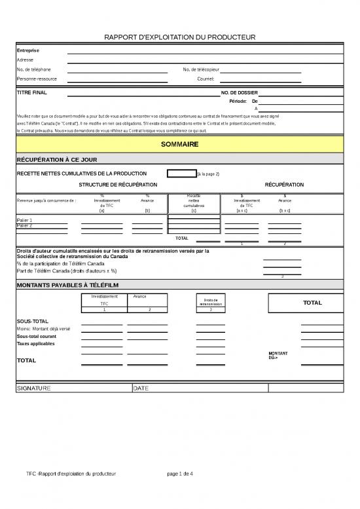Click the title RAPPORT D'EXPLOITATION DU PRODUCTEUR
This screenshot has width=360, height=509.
[x=180, y=37]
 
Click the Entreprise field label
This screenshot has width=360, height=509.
[x=28, y=50]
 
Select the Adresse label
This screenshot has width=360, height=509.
[x=26, y=60]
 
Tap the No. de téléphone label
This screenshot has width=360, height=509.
[x=33, y=69]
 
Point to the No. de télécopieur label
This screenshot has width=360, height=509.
[x=201, y=69]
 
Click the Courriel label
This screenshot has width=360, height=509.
[x=206, y=79]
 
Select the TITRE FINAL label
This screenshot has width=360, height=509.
[x=31, y=93]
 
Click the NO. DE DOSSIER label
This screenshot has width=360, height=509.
[x=240, y=93]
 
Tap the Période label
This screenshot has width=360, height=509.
[x=238, y=102]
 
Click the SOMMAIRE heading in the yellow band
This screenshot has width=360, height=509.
[x=179, y=143]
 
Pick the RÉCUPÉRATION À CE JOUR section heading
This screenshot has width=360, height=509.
[x=57, y=159]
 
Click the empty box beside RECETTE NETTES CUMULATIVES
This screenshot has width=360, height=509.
[x=181, y=174]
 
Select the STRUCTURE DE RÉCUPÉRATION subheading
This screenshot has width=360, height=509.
[x=118, y=185]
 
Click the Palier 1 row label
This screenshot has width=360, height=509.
[x=25, y=220]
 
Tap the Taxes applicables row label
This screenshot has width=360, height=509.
[x=35, y=344]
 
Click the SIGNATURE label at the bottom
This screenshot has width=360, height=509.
[x=33, y=388]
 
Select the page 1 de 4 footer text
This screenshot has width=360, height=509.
[x=180, y=474]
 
